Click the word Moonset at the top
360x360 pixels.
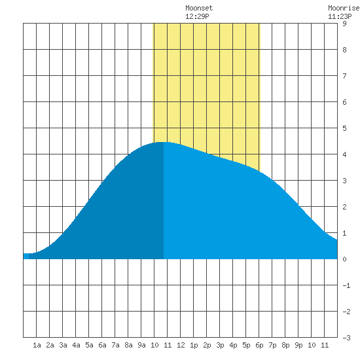coord(199,8)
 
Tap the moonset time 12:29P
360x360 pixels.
coord(197,16)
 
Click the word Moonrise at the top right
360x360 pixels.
coord(344,8)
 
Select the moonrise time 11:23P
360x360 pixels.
coord(340,16)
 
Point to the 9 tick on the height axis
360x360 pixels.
coord(344,24)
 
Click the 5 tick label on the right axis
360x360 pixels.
coord(344,128)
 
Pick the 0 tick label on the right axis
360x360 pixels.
coord(344,259)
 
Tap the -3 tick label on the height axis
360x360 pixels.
coord(346,338)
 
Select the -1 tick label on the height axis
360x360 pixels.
coord(346,285)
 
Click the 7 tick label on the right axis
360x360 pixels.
coord(344,76)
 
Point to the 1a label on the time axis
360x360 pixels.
coord(37,345)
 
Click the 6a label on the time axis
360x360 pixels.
coord(102,345)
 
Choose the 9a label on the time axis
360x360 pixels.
coord(141,345)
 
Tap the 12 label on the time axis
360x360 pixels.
coord(181,345)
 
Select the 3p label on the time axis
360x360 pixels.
coord(220,345)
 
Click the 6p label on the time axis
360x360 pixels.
coord(259,345)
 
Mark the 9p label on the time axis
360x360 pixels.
coord(298,345)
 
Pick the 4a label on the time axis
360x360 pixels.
coord(76,345)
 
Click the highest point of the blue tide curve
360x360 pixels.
coord(163,142)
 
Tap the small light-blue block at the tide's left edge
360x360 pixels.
coord(26,256)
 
